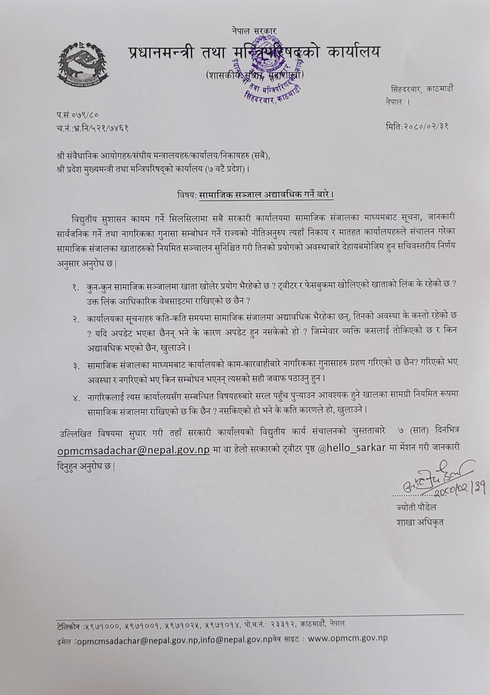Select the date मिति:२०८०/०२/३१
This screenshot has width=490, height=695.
417,127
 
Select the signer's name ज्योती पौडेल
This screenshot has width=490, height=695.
416,508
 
